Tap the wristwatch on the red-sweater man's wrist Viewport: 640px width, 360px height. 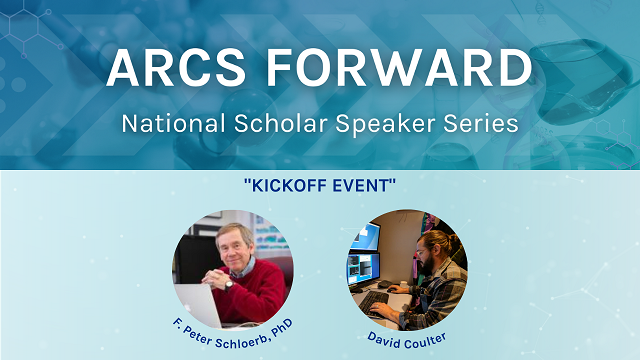click(x=229, y=284)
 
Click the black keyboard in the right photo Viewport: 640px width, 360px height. click(x=377, y=299)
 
